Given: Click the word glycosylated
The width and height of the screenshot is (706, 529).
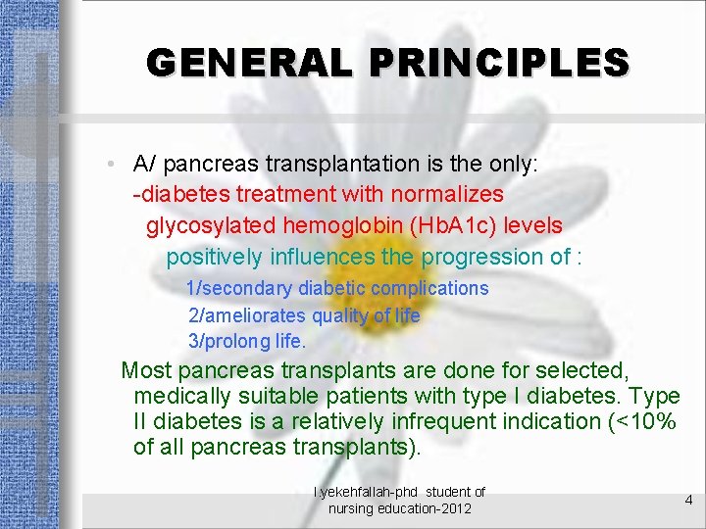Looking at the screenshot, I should coord(211,225).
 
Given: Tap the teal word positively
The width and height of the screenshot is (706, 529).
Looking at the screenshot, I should coord(214,257).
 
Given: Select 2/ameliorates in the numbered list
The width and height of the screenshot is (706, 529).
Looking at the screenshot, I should coord(246,315).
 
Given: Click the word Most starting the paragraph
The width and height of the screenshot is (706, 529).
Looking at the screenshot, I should coord(146,370).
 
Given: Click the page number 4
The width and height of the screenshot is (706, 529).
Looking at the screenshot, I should coord(688,500).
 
